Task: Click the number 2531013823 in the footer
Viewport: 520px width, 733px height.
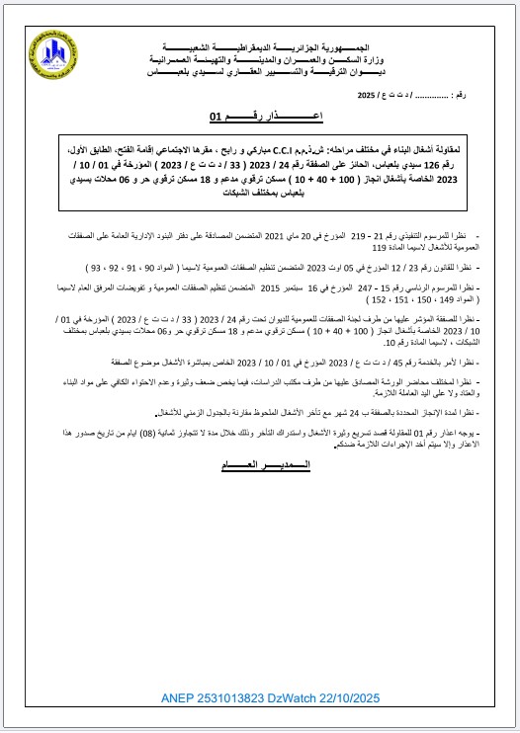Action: click(x=240, y=699)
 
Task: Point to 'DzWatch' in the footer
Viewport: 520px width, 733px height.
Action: click(x=313, y=699)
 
